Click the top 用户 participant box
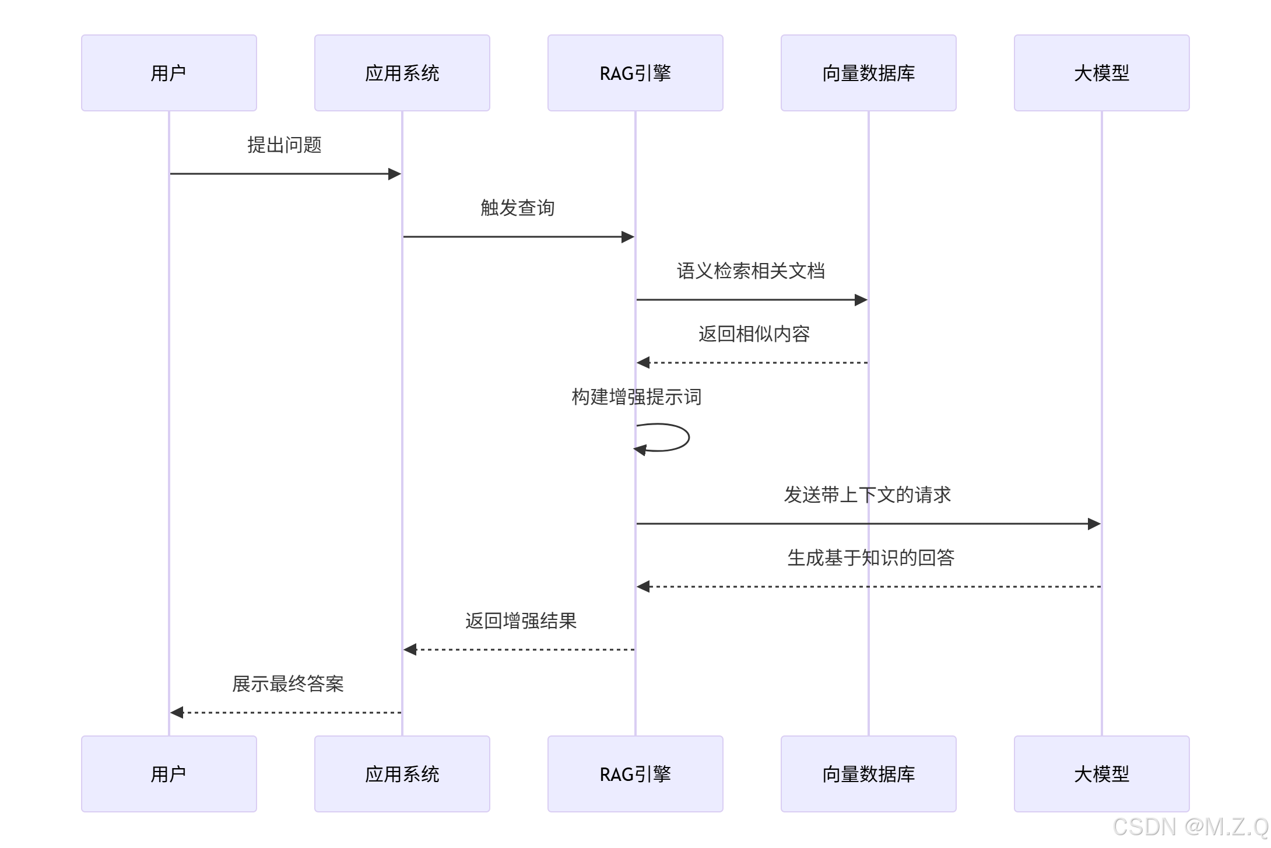pyautogui.click(x=168, y=73)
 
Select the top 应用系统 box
pyautogui.click(x=402, y=73)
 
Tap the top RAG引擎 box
pyautogui.click(x=635, y=73)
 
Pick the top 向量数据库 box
pyautogui.click(x=868, y=73)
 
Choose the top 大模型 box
pyautogui.click(x=1101, y=73)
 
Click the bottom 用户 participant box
pyautogui.click(x=168, y=774)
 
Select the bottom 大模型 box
pyautogui.click(x=1101, y=774)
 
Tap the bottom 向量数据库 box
pyautogui.click(x=868, y=774)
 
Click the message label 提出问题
pyautogui.click(x=285, y=145)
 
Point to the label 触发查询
pyautogui.click(x=518, y=208)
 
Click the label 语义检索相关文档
pyautogui.click(x=751, y=271)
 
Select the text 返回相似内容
pyautogui.click(x=754, y=334)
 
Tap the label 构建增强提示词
pyautogui.click(x=636, y=397)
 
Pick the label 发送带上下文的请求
pyautogui.click(x=868, y=495)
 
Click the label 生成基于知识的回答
pyautogui.click(x=870, y=558)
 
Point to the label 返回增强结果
pyautogui.click(x=521, y=621)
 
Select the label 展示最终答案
pyautogui.click(x=287, y=684)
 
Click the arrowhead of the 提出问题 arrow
pyautogui.click(x=395, y=174)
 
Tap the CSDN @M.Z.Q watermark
pyautogui.click(x=1190, y=827)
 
